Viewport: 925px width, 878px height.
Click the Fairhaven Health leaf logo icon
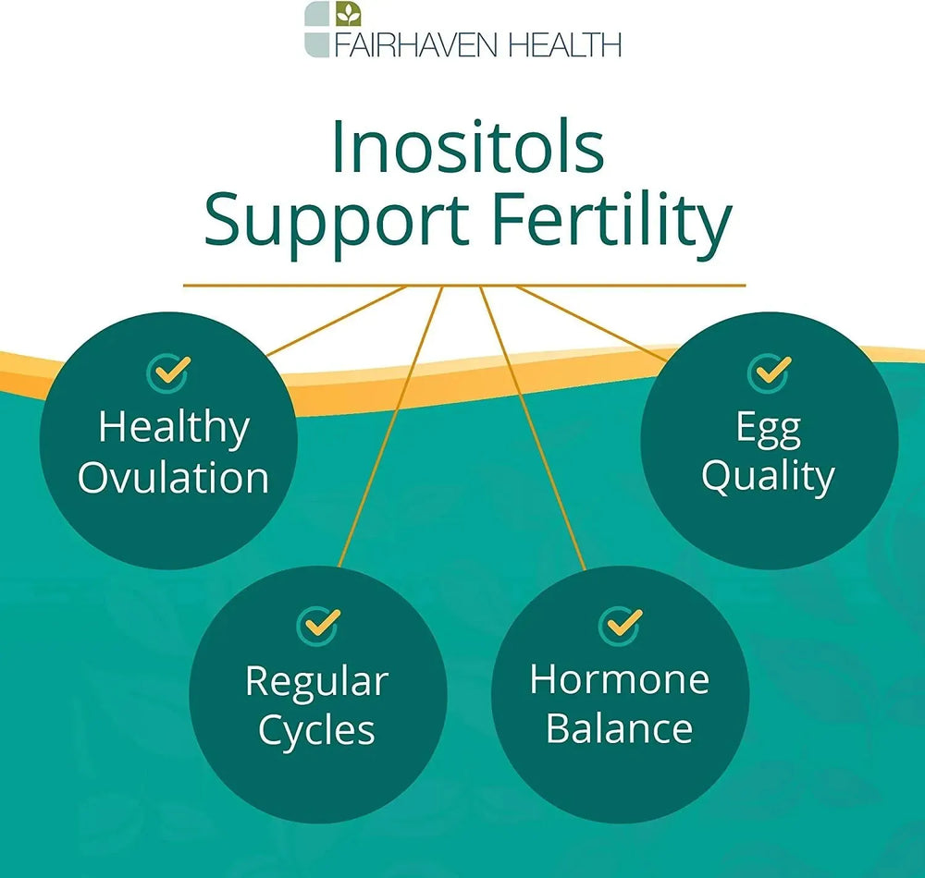[333, 29]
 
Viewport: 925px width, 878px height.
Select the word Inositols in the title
[468, 147]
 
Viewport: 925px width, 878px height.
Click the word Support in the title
[337, 224]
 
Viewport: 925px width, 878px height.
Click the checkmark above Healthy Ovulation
[168, 372]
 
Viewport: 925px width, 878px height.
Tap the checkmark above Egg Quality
[770, 372]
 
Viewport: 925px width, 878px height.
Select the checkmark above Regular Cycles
[318, 625]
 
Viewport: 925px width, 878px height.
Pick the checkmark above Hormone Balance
[621, 625]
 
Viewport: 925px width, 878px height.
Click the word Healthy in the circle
[174, 428]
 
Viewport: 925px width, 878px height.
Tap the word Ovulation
[174, 477]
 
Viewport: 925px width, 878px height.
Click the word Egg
[768, 429]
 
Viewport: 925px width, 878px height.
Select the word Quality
[768, 477]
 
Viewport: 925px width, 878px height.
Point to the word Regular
[316, 682]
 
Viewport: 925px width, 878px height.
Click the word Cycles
[316, 731]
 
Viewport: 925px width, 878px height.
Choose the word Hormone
[620, 679]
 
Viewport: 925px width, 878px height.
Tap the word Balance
[620, 728]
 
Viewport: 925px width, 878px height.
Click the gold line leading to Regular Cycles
[390, 427]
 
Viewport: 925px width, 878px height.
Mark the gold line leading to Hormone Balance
[533, 428]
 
